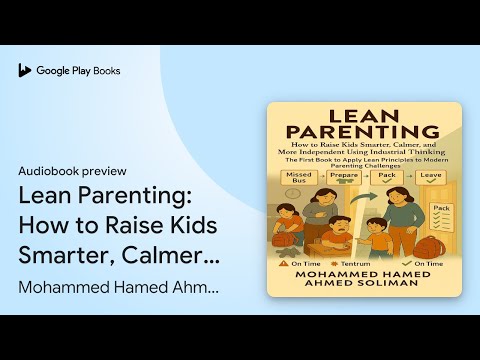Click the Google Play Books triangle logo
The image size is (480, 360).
(x=24, y=71)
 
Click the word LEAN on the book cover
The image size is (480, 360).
(x=364, y=115)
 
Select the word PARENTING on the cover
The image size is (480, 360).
(x=364, y=132)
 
